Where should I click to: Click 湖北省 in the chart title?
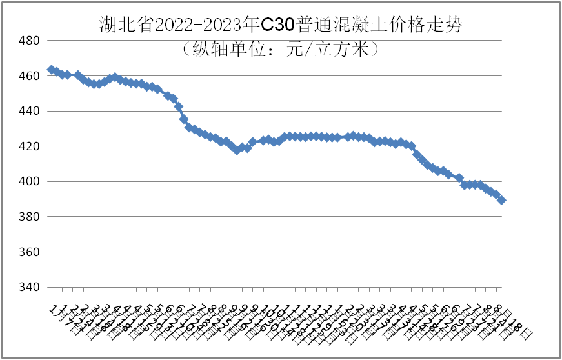click(x=119, y=24)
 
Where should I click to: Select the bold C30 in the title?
click(x=279, y=24)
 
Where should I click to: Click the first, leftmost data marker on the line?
click(x=51, y=70)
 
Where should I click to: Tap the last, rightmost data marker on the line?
click(x=502, y=200)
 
